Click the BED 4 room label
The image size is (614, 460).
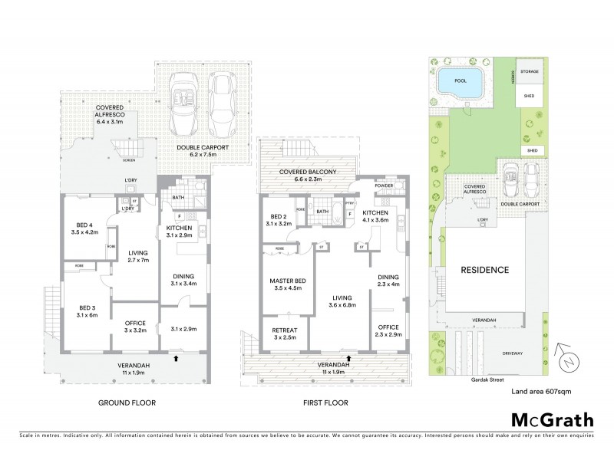(x=84, y=226)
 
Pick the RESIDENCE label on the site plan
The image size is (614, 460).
(x=484, y=270)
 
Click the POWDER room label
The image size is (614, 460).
(x=384, y=186)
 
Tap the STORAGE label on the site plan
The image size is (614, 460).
(x=530, y=71)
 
